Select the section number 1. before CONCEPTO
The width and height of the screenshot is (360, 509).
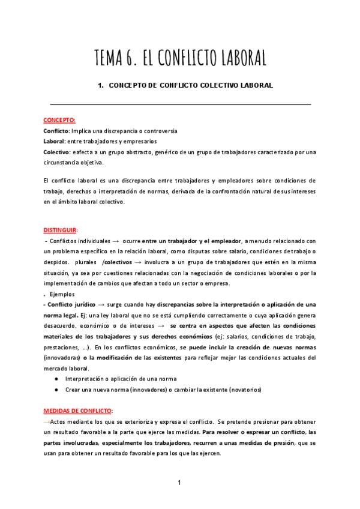(x=101, y=85)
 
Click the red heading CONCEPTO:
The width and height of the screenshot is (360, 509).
(x=59, y=120)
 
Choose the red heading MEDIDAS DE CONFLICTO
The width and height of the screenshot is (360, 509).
(x=78, y=411)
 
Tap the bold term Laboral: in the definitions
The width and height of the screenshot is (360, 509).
(x=55, y=141)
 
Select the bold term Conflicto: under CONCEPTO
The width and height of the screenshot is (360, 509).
(x=57, y=131)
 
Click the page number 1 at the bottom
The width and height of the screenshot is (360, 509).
(x=179, y=482)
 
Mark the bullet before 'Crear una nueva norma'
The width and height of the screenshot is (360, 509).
(x=56, y=390)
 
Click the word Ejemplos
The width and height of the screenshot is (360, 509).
(x=62, y=295)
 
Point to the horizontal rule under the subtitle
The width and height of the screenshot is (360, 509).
(x=180, y=104)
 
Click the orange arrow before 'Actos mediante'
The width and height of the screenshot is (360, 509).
(x=48, y=422)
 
